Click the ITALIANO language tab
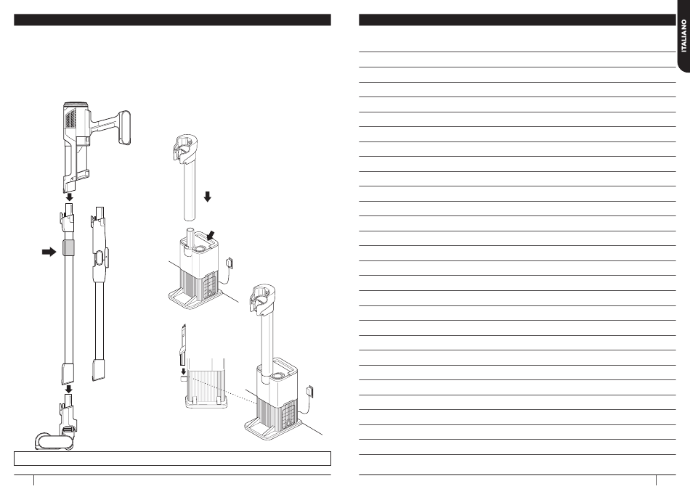pyautogui.click(x=683, y=35)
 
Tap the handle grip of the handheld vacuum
pyautogui.click(x=124, y=128)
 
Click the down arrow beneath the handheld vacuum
pyautogui.click(x=69, y=197)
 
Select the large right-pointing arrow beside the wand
pyautogui.click(x=49, y=252)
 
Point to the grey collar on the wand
pyautogui.click(x=69, y=248)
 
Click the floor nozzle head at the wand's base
pyautogui.click(x=54, y=441)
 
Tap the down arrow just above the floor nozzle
pyautogui.click(x=69, y=389)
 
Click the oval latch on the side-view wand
pyautogui.click(x=100, y=258)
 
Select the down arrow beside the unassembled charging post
pyautogui.click(x=207, y=197)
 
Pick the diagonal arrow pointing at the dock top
pyautogui.click(x=211, y=235)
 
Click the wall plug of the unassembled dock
pyautogui.click(x=229, y=263)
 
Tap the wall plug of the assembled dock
pyautogui.click(x=309, y=390)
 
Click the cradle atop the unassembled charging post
pyautogui.click(x=184, y=148)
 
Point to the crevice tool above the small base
pyautogui.click(x=182, y=345)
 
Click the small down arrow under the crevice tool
pyautogui.click(x=184, y=371)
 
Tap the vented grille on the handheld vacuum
pyautogui.click(x=70, y=118)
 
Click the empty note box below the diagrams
pyautogui.click(x=173, y=459)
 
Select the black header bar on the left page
pyautogui.click(x=173, y=20)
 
